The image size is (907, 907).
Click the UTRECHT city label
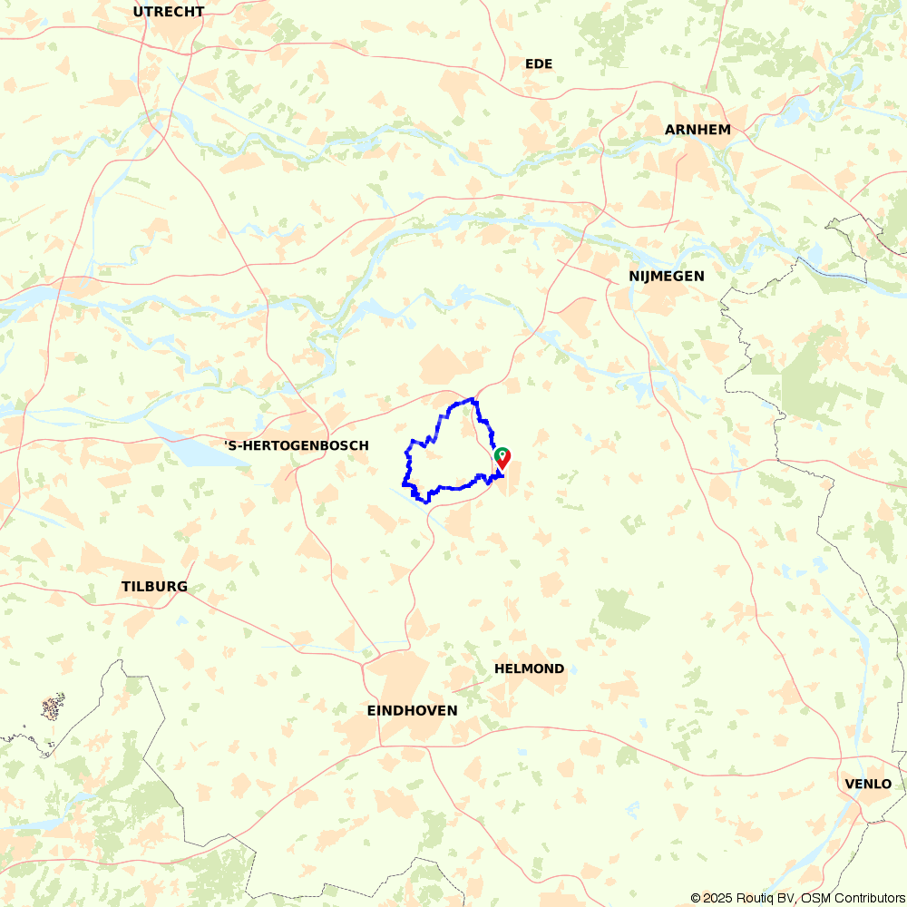tap(169, 12)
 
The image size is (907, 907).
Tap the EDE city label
tap(539, 63)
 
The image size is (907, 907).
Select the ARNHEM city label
tap(697, 130)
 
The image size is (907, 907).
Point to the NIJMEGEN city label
tap(666, 276)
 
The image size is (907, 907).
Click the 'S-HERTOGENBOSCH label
tap(297, 445)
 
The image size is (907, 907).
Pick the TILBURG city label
tap(154, 587)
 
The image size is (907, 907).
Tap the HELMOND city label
tap(529, 668)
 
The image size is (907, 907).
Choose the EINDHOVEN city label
tap(412, 710)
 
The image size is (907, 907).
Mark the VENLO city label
tap(867, 784)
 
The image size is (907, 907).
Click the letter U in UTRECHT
tap(138, 12)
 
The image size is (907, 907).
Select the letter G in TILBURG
tap(182, 587)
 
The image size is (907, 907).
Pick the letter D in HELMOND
tap(559, 668)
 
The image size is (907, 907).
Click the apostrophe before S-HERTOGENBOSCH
tap(227, 444)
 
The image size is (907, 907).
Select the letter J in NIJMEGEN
tap(649, 276)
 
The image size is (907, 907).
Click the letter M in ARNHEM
tap(725, 130)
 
